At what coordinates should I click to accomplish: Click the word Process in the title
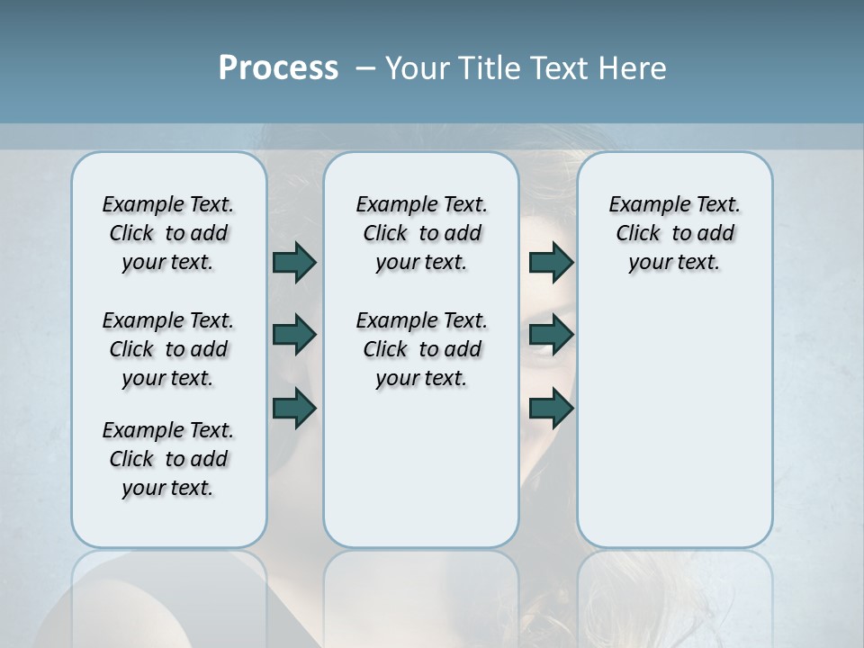(278, 68)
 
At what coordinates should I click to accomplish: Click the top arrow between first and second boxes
(294, 262)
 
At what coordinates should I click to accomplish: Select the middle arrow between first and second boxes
(294, 335)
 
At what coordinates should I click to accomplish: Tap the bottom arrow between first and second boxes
(294, 408)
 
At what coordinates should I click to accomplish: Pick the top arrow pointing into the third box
(551, 262)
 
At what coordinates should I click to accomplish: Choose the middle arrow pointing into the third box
(551, 335)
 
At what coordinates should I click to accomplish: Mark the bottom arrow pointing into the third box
(551, 408)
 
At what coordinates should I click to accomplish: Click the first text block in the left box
(168, 233)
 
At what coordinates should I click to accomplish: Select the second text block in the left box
(168, 349)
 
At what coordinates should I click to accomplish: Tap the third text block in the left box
(168, 459)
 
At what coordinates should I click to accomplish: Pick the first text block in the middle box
(421, 233)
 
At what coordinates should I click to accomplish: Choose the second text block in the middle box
(421, 349)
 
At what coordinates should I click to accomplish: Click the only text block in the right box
(674, 233)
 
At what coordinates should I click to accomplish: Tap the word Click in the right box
(638, 234)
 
